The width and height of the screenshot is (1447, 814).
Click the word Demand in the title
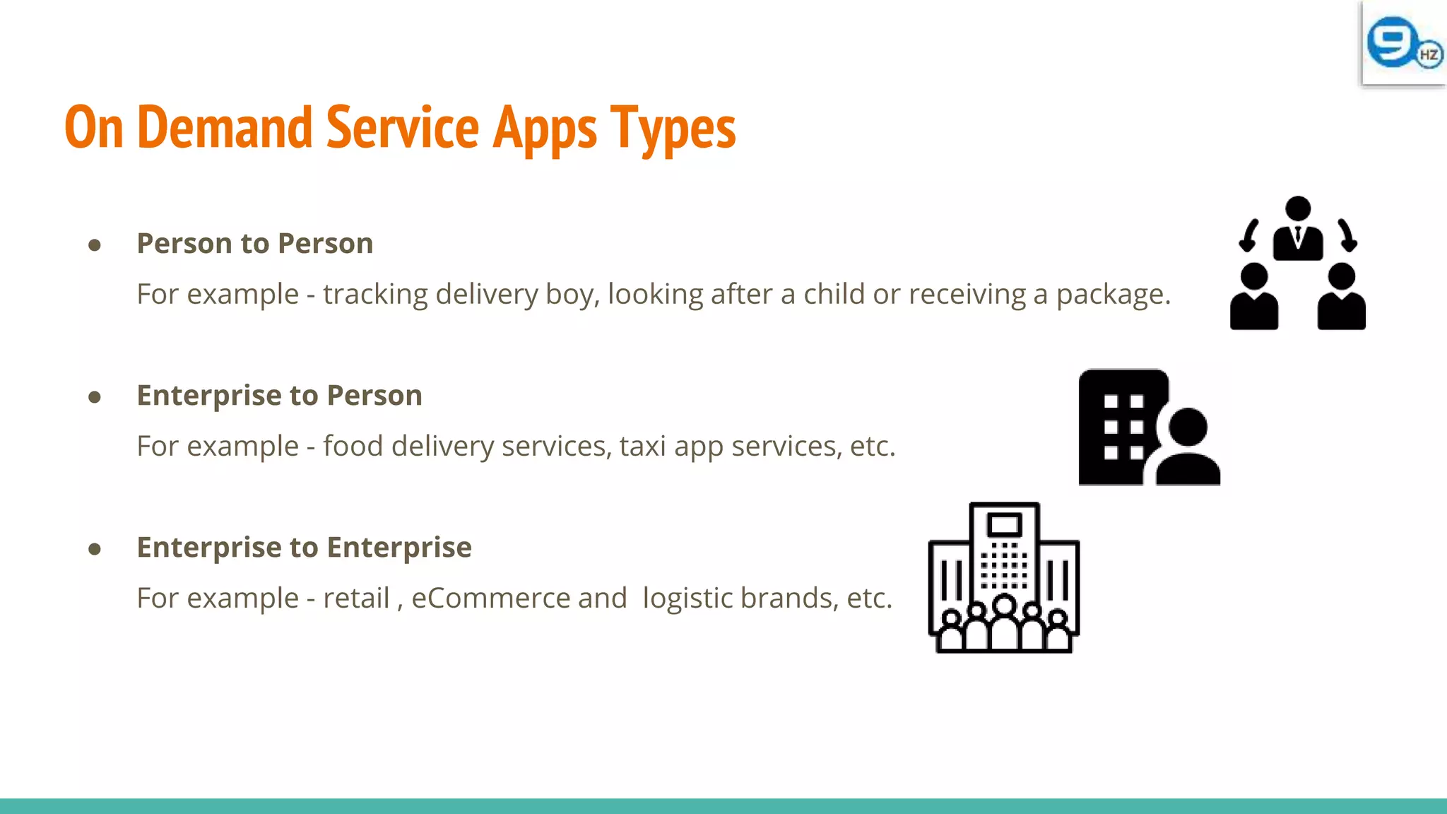click(225, 128)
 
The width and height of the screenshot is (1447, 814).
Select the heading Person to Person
click(254, 243)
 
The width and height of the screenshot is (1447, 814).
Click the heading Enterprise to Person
click(279, 395)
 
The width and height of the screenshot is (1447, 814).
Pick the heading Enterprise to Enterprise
click(304, 547)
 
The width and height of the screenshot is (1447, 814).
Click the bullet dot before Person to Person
click(95, 245)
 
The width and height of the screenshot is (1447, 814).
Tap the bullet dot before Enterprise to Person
click(95, 397)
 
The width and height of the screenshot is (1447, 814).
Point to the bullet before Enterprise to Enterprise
click(95, 549)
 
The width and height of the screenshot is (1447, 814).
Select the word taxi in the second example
click(642, 446)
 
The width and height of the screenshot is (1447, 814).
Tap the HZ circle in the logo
click(1429, 55)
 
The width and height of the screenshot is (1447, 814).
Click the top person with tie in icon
click(1298, 229)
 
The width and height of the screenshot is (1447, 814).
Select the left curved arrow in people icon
click(1248, 235)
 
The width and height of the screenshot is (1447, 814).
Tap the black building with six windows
click(1119, 426)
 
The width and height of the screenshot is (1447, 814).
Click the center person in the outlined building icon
click(1004, 622)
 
